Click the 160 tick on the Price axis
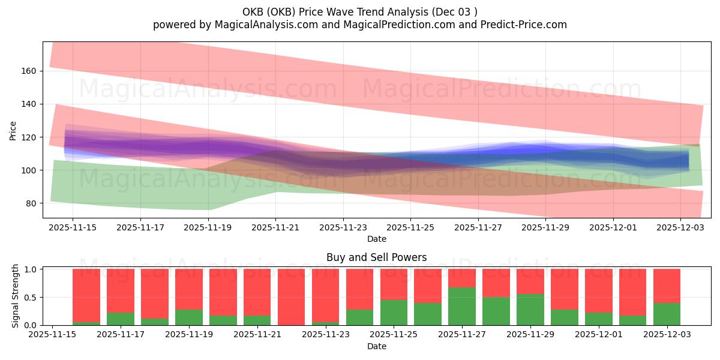tap(29, 71)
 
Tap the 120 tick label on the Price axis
tap(29, 137)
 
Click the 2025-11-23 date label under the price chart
tap(343, 228)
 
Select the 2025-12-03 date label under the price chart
tap(680, 228)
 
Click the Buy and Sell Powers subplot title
tap(376, 257)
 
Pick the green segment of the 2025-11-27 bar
tap(462, 306)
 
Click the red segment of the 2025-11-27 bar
tap(462, 278)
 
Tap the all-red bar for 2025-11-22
tap(292, 297)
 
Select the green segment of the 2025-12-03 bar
tap(667, 314)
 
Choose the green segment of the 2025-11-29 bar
tap(530, 310)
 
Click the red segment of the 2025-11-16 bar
tap(86, 295)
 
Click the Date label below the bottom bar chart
tap(376, 346)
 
